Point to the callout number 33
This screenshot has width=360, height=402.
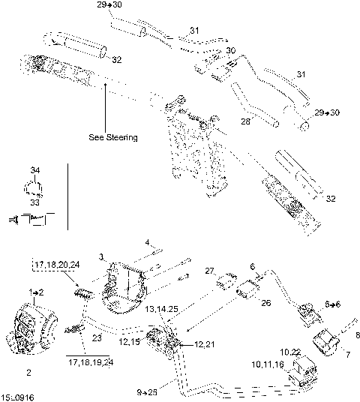pyautogui.click(x=34, y=202)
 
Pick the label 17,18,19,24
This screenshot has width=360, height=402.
pyautogui.click(x=91, y=361)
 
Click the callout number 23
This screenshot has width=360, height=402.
pyautogui.click(x=96, y=338)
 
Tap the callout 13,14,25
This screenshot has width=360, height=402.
pyautogui.click(x=163, y=308)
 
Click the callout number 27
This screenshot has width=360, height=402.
pyautogui.click(x=210, y=271)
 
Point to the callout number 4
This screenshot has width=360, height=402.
pyautogui.click(x=148, y=241)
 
